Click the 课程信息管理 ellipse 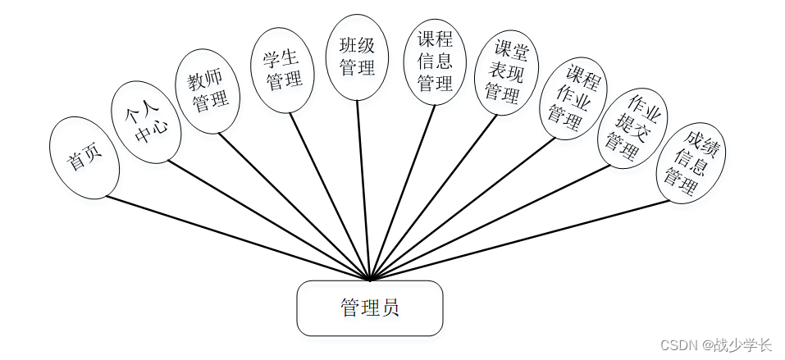(x=434, y=62)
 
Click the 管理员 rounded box (x=369, y=308)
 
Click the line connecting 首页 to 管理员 (x=238, y=238)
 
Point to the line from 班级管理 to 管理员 (x=364, y=189)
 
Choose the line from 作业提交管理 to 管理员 (x=492, y=221)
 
